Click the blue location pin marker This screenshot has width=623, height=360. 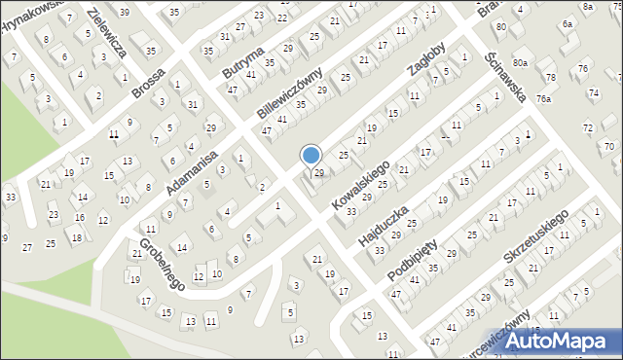(x=311, y=157)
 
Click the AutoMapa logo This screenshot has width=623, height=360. (x=562, y=342)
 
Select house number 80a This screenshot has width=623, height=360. (x=521, y=63)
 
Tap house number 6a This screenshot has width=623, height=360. (x=568, y=23)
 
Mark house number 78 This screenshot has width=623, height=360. (x=551, y=77)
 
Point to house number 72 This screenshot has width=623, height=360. (x=587, y=127)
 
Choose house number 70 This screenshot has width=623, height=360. (x=609, y=146)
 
